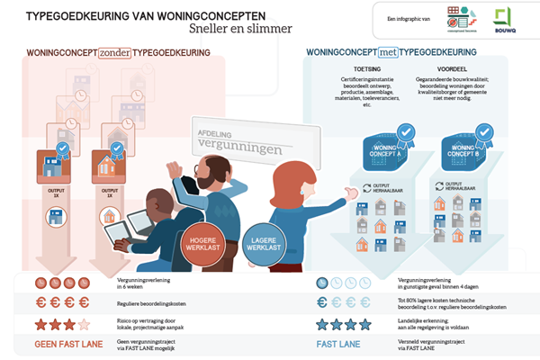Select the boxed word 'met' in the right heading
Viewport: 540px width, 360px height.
point(389,53)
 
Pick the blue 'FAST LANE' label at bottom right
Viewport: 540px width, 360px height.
point(338,343)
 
